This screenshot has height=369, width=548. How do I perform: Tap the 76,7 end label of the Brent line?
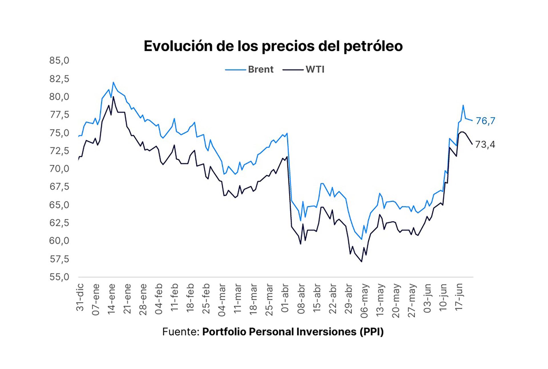pos(485,121)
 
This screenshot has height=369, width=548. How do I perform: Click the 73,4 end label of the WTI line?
pos(485,145)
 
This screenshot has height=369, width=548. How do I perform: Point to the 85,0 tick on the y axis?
pos(59,61)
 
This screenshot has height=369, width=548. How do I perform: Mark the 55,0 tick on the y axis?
pos(59,277)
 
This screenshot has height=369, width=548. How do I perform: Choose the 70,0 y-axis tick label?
pos(59,169)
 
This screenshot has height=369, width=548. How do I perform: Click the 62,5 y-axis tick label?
pos(59,223)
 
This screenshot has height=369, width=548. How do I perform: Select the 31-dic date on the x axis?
pos(80,297)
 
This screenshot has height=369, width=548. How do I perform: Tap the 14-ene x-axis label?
pos(112,299)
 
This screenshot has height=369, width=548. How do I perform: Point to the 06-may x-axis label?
pos(364,301)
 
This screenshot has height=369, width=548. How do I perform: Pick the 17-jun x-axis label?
pos(459,298)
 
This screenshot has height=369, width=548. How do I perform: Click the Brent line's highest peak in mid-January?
pos(113,82)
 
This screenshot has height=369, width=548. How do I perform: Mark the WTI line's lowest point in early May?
pos(362,261)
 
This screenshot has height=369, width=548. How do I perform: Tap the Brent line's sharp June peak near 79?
pos(463,105)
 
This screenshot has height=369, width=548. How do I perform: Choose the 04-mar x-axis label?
pos(222,300)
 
